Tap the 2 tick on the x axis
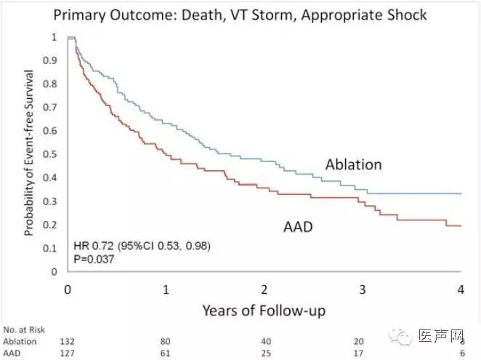[265, 289]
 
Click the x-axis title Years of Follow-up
[264, 311]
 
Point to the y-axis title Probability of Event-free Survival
[29, 153]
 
